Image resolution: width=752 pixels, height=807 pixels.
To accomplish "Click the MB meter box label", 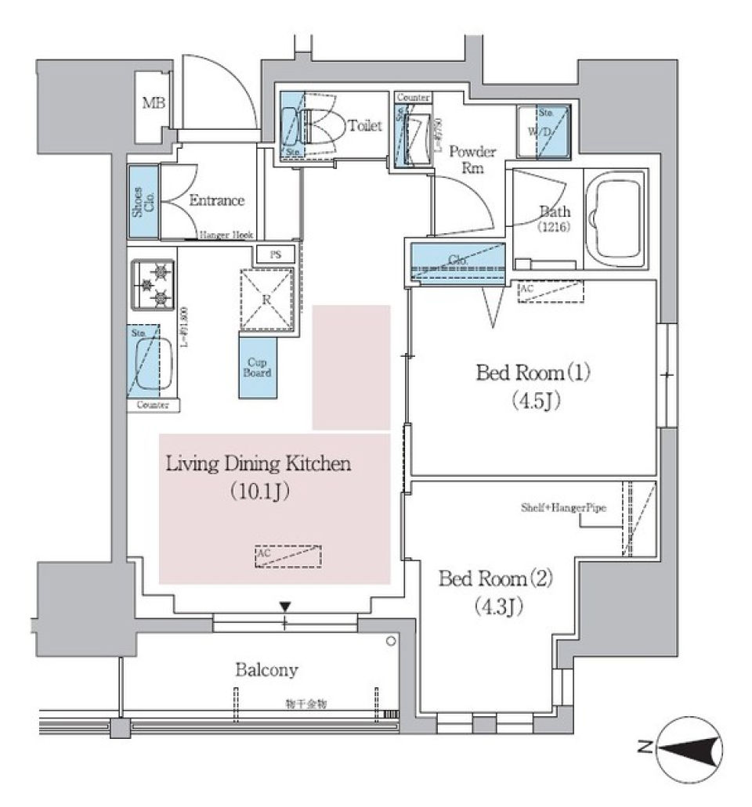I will click(153, 103).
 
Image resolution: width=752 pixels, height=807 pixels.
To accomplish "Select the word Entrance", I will click(217, 200).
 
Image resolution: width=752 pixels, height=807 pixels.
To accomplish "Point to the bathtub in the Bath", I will click(617, 220).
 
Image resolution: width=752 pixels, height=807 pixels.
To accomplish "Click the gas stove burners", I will click(152, 285).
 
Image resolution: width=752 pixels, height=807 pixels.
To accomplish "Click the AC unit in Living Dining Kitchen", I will click(287, 556).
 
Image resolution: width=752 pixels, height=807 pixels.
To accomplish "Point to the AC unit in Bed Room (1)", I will click(551, 292).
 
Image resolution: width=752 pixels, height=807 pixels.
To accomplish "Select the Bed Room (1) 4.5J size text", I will click(534, 401).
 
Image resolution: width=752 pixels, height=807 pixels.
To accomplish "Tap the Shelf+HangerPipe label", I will click(564, 507).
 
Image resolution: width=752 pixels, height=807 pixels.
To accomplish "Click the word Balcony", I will click(266, 670).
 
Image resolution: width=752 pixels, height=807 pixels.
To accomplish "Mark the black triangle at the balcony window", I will click(285, 606).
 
